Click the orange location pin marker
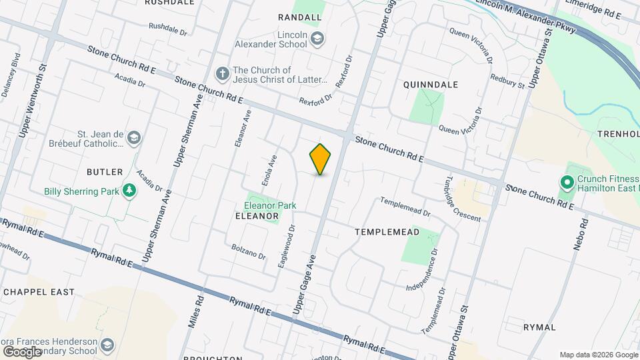[321, 159]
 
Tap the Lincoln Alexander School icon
[317, 39]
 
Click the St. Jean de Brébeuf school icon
[134, 137]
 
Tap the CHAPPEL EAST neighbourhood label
[39, 292]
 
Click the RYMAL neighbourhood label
[539, 327]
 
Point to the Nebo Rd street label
[579, 233]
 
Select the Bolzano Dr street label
[249, 252]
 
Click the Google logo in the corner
[21, 351]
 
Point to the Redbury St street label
[507, 81]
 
